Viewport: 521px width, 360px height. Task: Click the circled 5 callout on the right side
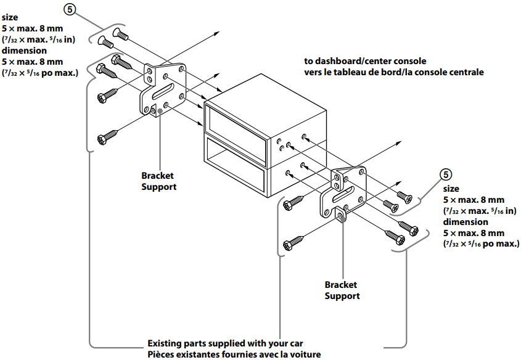(x=449, y=174)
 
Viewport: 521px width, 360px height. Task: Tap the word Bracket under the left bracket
(x=158, y=176)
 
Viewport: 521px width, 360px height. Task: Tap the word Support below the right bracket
(x=342, y=296)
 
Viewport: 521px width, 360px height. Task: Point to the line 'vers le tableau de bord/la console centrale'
(x=394, y=72)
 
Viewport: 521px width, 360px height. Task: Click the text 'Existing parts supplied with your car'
(x=225, y=343)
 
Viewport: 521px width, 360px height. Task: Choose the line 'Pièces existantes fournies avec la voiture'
(x=234, y=354)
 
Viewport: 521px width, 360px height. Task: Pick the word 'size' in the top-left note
(x=9, y=18)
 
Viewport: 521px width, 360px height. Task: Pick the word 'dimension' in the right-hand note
(x=466, y=222)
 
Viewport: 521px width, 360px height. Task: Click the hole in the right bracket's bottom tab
(x=342, y=215)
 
